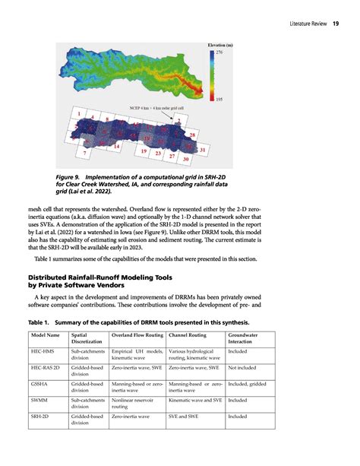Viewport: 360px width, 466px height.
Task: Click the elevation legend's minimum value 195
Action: pos(219,100)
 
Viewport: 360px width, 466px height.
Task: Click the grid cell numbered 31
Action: pos(203,151)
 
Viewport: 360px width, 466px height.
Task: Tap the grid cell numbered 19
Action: pos(144,153)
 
